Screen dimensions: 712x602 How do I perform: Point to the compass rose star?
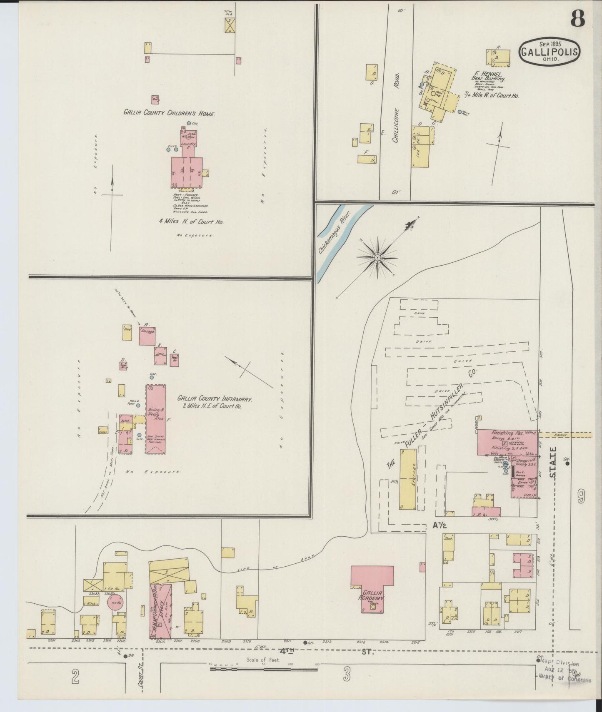377,258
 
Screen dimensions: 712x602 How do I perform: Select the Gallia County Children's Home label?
169,112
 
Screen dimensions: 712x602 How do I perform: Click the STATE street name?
553,463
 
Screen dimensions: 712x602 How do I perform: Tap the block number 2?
75,677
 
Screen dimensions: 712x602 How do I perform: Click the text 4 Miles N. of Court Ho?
191,222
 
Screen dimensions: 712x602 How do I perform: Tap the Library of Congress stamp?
562,677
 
